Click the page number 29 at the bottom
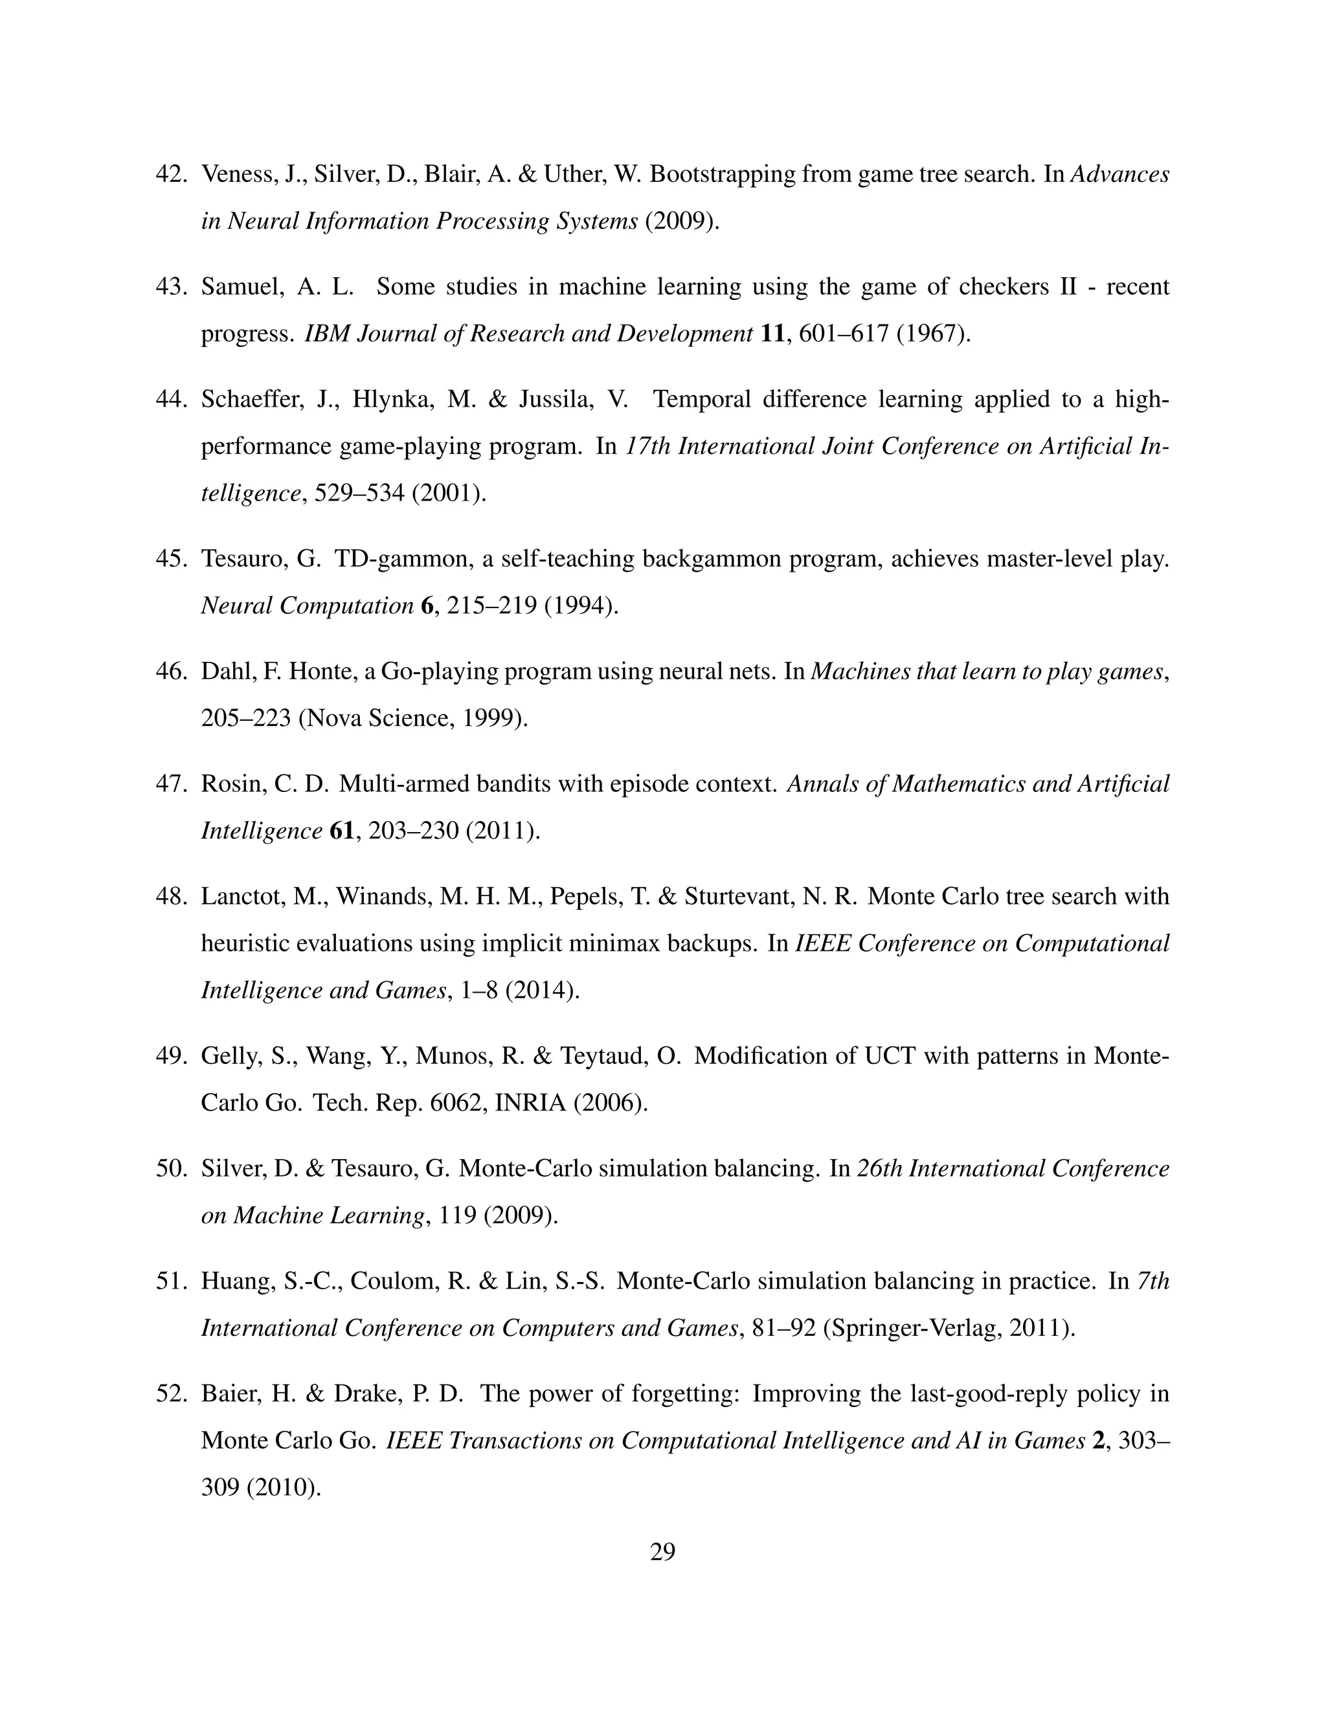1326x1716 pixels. [662, 1552]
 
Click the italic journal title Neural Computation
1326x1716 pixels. [306, 606]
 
